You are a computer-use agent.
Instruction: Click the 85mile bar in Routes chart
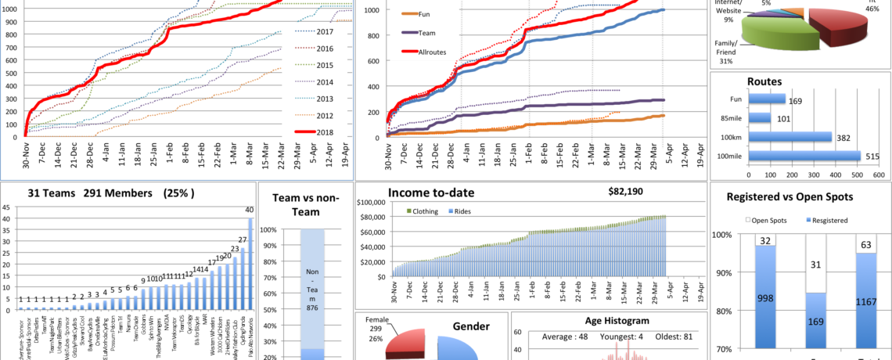[760, 118]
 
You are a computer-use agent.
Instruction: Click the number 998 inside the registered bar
[767, 298]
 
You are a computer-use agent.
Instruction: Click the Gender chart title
[471, 326]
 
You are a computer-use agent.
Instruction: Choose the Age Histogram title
[617, 320]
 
